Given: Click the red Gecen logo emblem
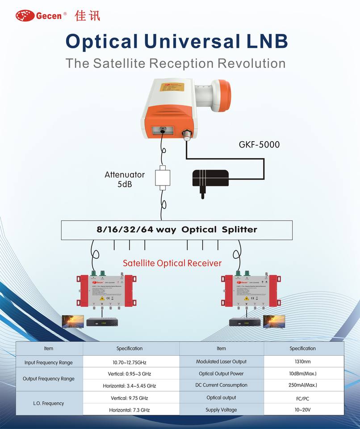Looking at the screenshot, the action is coord(25,16).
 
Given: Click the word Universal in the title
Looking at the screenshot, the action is coord(192,42).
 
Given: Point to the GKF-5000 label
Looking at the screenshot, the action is coord(259,144).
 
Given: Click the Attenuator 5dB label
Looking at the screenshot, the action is coord(125,179).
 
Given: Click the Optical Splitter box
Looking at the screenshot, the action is coord(177,230).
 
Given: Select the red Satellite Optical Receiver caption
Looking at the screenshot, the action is coord(172,263).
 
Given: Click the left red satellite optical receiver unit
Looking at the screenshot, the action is coord(106,291).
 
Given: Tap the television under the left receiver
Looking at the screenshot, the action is coord(73,321).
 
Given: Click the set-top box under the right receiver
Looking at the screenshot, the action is coord(245,322).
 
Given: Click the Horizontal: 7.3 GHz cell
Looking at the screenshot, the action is coord(130,410).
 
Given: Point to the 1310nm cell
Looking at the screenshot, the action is coord(302,362).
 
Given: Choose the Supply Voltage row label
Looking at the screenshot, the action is coord(221,410).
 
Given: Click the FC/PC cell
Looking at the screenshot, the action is coord(302,398).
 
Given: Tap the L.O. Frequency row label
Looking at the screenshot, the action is coord(49,403).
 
